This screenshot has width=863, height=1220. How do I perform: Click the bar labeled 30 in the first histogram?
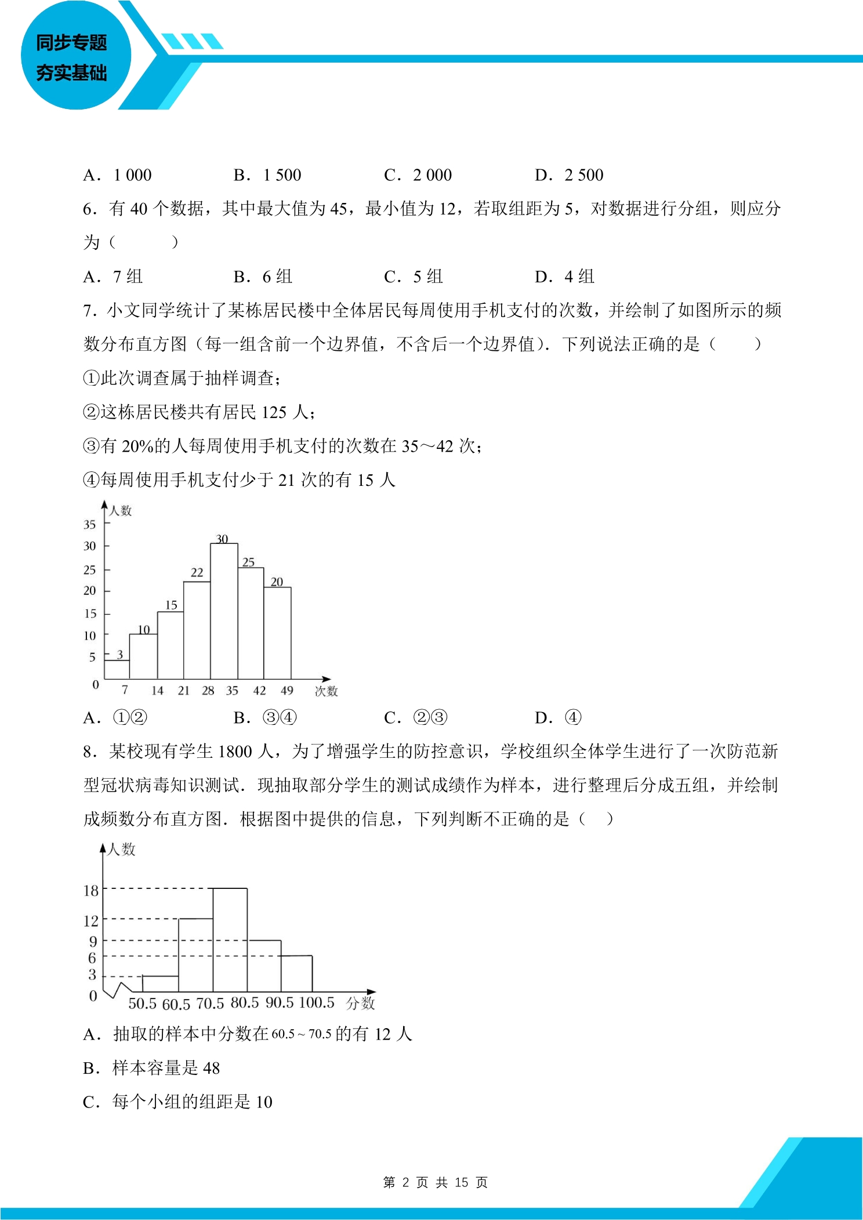tap(224, 612)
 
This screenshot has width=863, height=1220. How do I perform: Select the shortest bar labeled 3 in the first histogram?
tap(117, 670)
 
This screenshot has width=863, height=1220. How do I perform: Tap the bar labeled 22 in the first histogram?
tap(197, 630)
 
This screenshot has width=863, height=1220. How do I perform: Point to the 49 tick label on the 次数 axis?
tap(287, 691)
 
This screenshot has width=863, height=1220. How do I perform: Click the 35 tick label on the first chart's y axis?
tap(89, 525)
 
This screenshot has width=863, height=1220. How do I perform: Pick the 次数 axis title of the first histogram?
tap(326, 691)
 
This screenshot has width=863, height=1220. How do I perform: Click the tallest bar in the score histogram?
tap(230, 940)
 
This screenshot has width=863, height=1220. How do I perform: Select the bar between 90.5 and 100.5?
tap(296, 974)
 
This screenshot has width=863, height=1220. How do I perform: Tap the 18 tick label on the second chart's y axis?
tap(91, 891)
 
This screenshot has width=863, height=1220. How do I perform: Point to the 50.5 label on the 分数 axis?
tap(143, 1004)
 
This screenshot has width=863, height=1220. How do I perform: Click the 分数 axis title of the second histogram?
tap(360, 1003)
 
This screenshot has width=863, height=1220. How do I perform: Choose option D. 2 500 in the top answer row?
tap(569, 175)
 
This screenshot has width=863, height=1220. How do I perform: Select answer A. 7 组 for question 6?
tap(113, 277)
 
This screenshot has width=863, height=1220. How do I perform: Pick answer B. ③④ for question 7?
tap(265, 718)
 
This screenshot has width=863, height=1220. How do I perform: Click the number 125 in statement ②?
tap(274, 412)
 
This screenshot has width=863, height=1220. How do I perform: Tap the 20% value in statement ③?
tap(137, 446)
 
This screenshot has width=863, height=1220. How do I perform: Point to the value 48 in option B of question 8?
tap(211, 1068)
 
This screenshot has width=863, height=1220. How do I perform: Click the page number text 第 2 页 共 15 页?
tap(435, 1182)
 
